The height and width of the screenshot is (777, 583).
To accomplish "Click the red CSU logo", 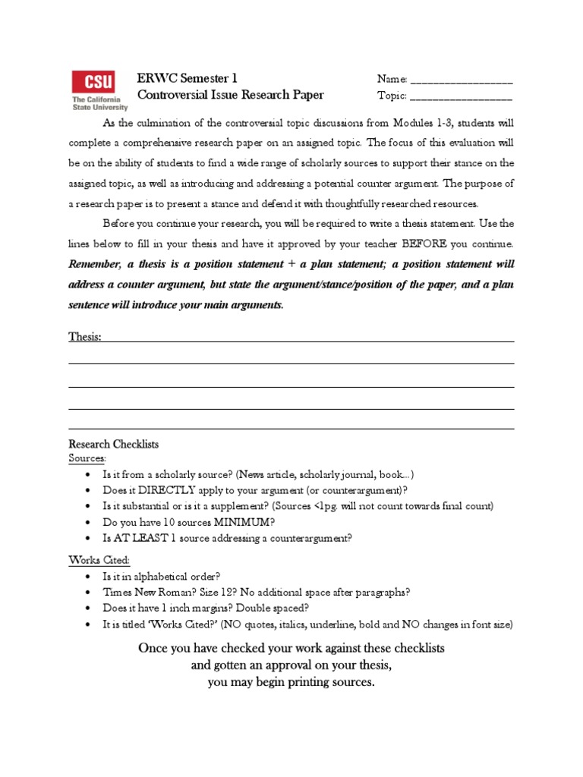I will click(93, 82).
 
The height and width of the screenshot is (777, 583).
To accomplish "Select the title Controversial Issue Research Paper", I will click(230, 95).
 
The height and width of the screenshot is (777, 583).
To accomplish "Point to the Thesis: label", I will click(85, 336).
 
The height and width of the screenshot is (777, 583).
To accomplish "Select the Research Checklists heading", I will click(114, 445).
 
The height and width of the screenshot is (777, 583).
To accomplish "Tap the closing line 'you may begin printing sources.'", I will click(291, 682).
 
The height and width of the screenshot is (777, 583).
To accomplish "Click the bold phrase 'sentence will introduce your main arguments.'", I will click(176, 305).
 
